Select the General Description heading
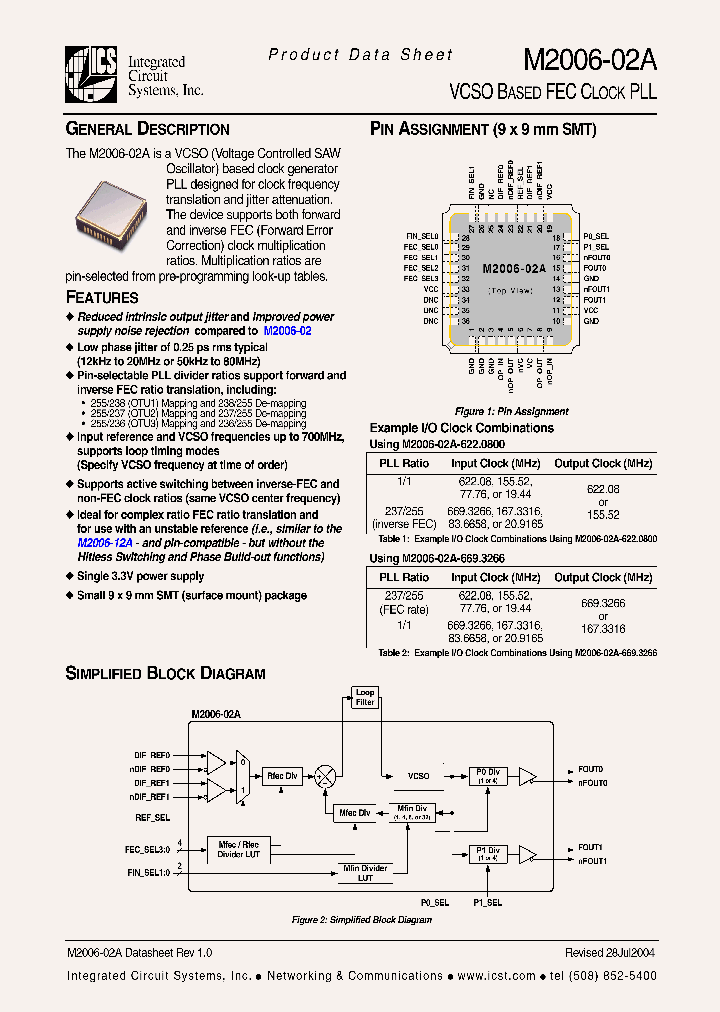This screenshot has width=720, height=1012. [147, 129]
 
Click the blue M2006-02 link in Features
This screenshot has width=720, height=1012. [287, 330]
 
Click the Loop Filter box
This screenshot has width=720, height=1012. [365, 697]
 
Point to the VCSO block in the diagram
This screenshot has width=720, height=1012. [419, 775]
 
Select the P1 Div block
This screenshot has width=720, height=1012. [487, 853]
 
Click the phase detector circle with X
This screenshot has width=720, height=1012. [326, 775]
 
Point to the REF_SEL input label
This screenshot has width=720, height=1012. [152, 817]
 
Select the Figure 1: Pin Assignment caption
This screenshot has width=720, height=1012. [511, 411]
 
